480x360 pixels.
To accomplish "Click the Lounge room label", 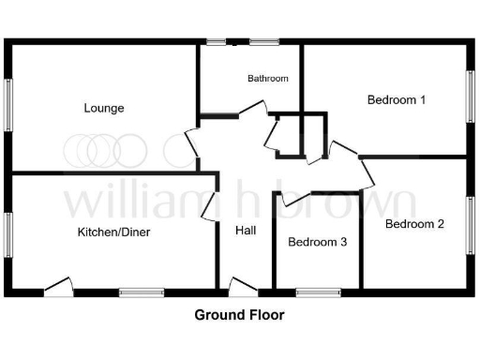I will tap(104, 108).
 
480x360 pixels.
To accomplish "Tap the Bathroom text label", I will tap(268, 79).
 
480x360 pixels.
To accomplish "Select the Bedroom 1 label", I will tap(397, 99).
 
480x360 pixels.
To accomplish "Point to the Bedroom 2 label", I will tap(414, 224).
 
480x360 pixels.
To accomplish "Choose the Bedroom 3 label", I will tap(318, 242).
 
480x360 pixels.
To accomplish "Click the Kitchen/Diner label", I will tap(115, 232).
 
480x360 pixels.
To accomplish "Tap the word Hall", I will tap(246, 230).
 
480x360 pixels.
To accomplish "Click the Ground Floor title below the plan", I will tap(239, 315).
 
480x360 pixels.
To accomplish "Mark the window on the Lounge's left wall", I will tap(9, 104).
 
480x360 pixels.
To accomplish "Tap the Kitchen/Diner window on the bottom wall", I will tap(142, 292).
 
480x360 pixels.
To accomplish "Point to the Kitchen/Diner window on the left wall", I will tap(9, 233).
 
